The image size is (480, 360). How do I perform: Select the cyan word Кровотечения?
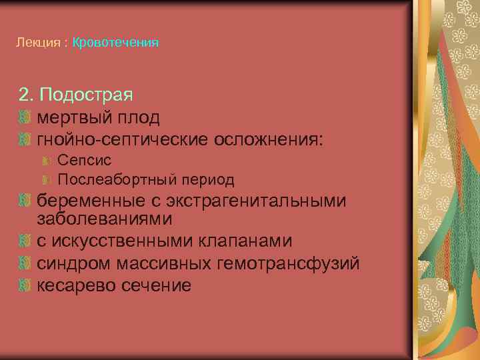pyautogui.click(x=115, y=43)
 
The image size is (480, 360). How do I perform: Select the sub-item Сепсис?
pyautogui.click(x=84, y=160)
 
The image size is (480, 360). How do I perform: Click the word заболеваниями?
pyautogui.click(x=104, y=219)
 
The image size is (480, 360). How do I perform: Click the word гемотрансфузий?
pyautogui.click(x=289, y=263)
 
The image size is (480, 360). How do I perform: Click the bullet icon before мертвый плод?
pyautogui.click(x=25, y=118)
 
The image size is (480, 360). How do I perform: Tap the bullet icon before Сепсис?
pyautogui.click(x=47, y=160)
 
